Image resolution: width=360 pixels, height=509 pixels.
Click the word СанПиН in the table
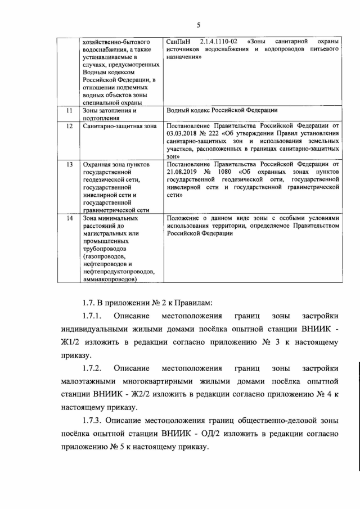click(x=179, y=42)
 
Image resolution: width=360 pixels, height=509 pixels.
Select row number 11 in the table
click(x=69, y=111)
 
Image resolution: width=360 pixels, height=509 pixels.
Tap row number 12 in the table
click(x=69, y=127)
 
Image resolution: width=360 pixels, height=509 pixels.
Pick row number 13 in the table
click(x=69, y=165)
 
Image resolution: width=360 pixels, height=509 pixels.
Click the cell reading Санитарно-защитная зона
click(x=119, y=127)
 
